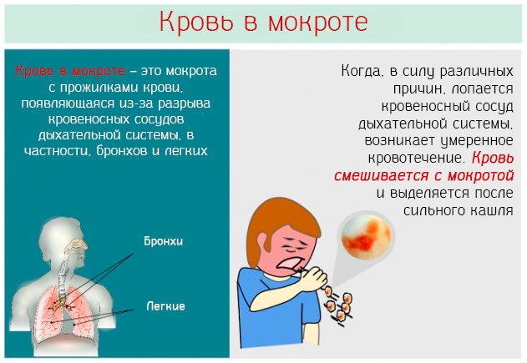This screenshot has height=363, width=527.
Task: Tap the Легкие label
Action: (x=165, y=306)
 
